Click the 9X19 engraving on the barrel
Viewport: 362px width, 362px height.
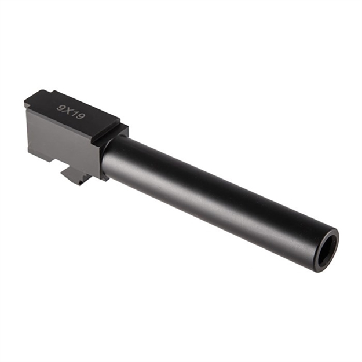(71, 112)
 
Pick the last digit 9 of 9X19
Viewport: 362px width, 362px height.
(81, 117)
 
